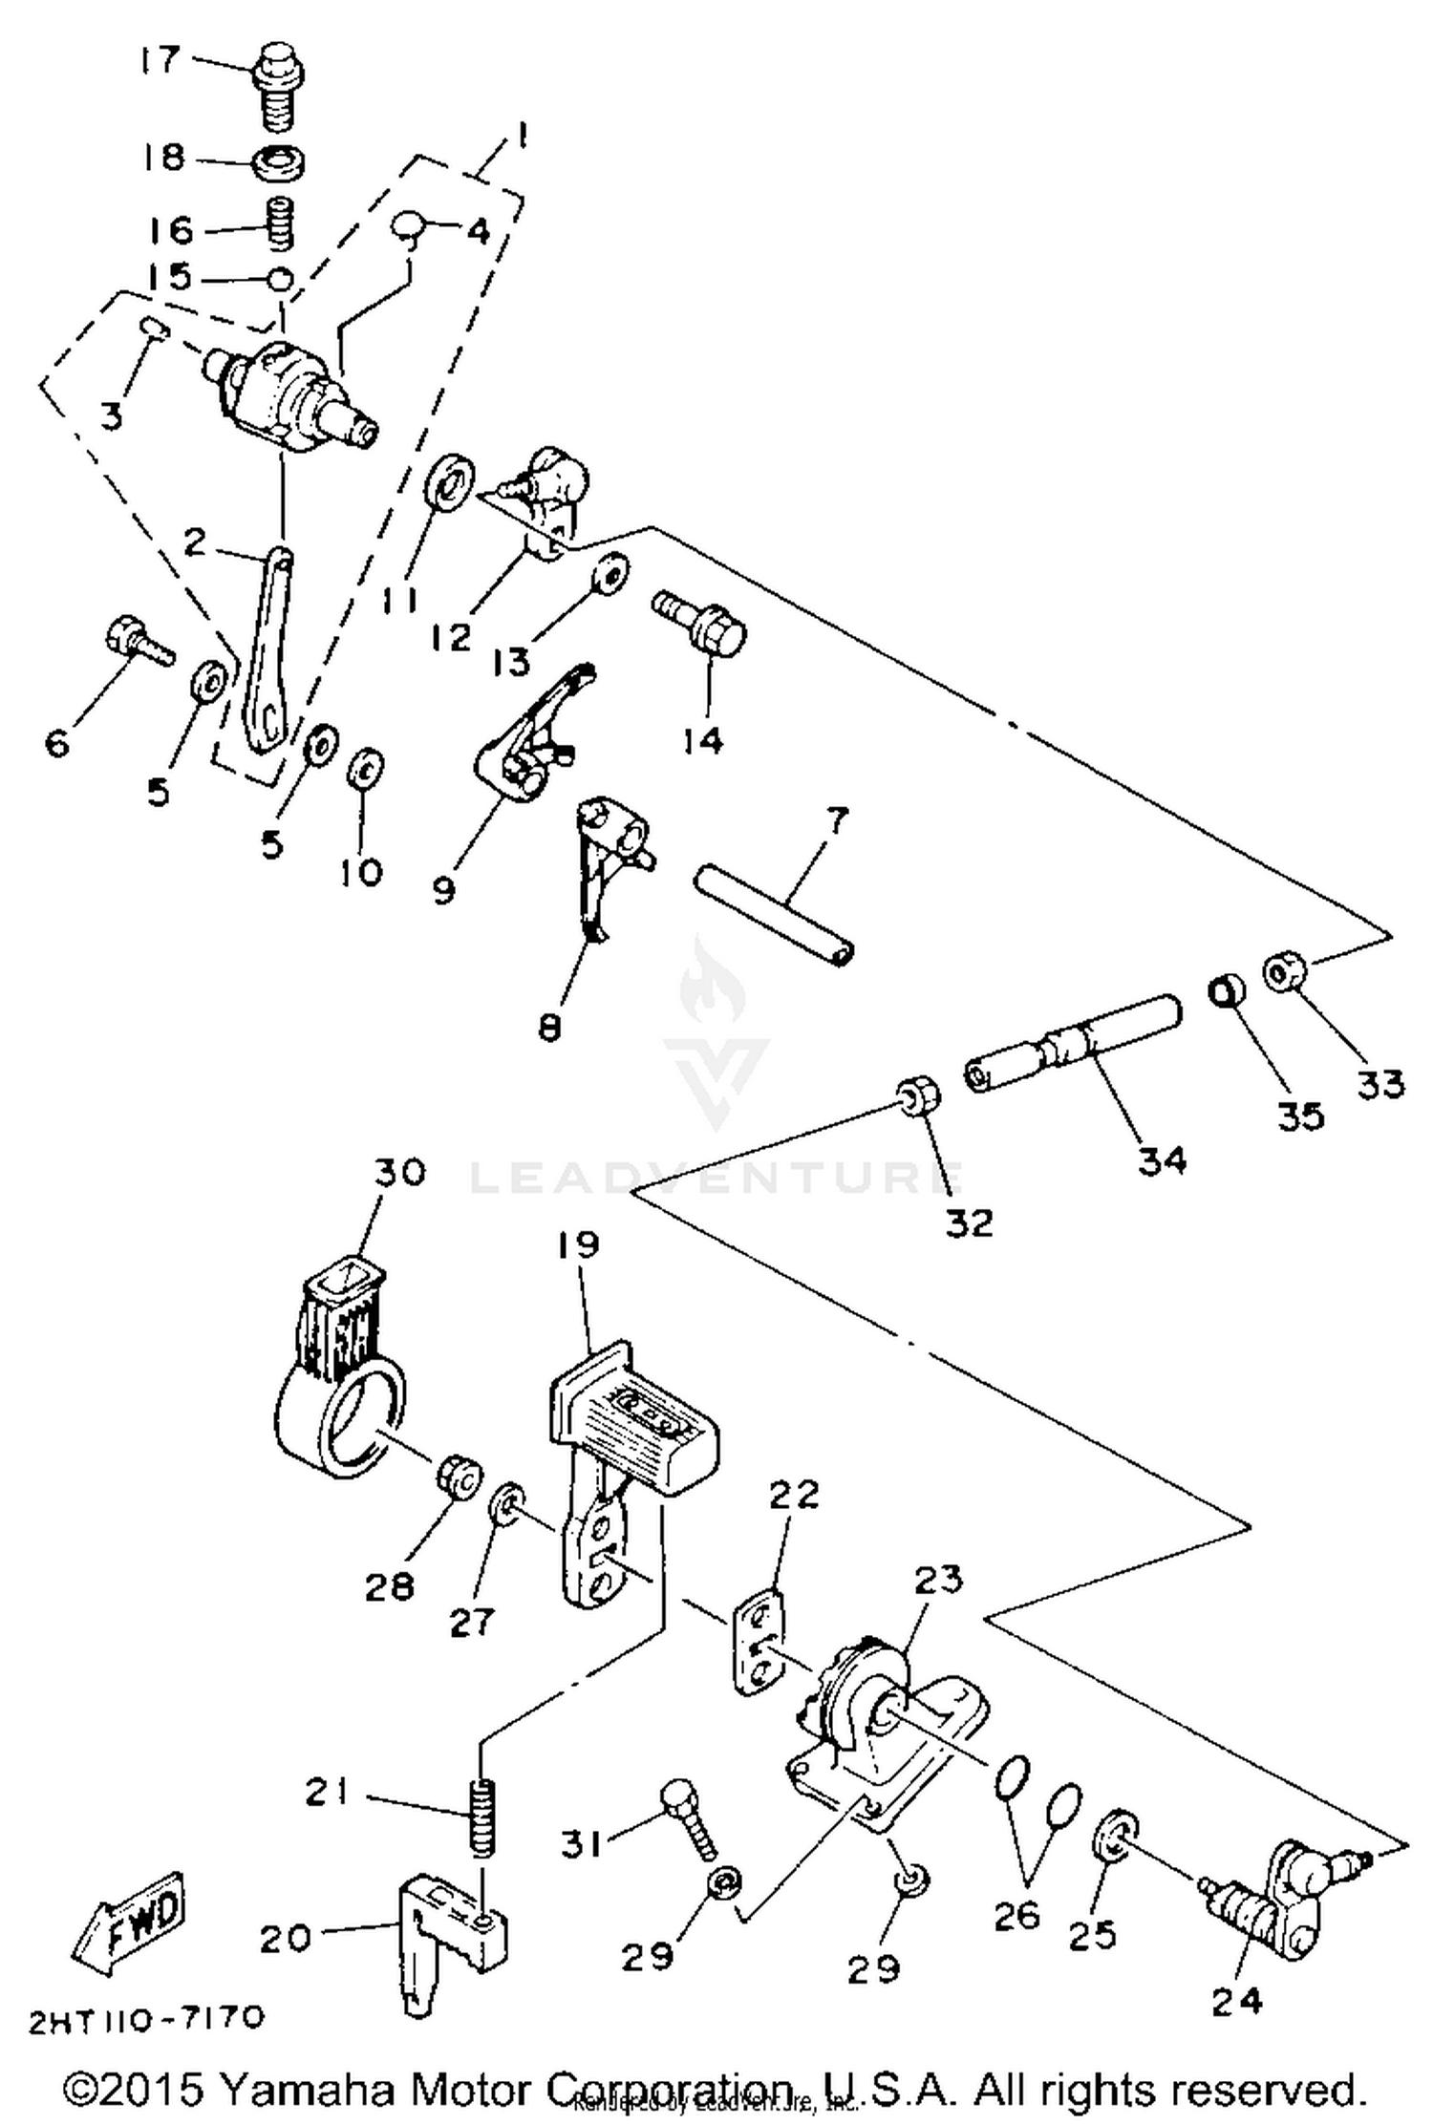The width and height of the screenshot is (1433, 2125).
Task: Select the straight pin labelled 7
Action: pyautogui.click(x=775, y=913)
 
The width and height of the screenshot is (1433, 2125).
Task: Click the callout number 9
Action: pyautogui.click(x=443, y=890)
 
